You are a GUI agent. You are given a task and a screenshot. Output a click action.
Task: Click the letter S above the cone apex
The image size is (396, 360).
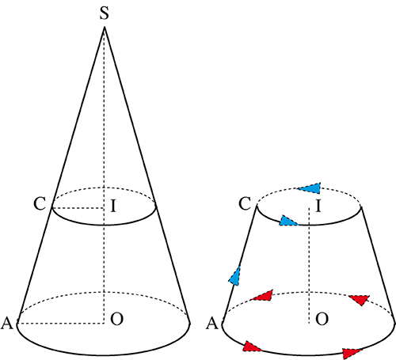coord(105,13)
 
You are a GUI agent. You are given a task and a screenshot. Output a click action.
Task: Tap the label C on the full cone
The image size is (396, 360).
coord(40,204)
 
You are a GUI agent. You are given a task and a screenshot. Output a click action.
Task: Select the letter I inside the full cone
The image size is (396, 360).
coord(113,206)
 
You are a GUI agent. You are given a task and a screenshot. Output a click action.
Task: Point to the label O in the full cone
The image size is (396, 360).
coord(117,319)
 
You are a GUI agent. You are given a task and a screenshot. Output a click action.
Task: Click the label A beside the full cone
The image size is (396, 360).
coord(7,323)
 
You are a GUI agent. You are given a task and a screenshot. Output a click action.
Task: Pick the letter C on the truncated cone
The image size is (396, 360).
coord(245,204)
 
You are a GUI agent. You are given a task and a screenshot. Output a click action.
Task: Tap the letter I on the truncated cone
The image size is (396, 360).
coord(318,206)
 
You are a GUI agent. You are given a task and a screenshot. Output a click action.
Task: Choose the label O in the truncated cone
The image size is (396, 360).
coord(322,319)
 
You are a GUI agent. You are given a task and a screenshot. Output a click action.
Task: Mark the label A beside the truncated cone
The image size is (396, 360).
coord(212,323)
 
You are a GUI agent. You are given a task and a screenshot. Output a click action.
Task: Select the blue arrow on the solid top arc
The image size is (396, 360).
coord(288,221)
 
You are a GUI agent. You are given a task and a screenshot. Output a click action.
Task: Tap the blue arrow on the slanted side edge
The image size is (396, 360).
coord(235,276)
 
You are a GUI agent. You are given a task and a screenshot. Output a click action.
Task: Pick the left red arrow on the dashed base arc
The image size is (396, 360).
coord(262,296)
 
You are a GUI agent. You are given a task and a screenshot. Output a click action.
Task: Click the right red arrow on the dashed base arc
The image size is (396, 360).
coord(360,300)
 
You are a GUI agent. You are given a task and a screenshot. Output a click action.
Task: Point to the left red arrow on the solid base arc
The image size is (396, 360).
coord(252,347)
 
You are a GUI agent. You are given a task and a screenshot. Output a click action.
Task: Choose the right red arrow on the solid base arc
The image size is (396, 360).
coord(352,354)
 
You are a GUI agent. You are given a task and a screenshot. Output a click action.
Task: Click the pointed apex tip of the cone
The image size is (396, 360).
coord(105,27)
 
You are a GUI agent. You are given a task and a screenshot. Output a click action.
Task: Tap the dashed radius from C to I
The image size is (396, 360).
coord(78,208)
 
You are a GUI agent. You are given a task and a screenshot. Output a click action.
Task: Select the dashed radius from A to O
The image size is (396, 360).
coord(61,323)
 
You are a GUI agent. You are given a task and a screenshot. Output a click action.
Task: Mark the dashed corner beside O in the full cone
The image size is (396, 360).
coord(104,323)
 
